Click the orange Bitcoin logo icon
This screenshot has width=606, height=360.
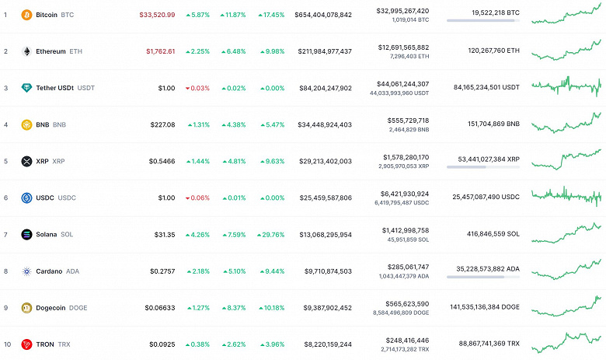(x=26, y=15)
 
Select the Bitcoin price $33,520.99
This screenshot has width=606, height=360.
(x=157, y=15)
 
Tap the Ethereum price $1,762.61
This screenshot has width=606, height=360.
(x=160, y=51)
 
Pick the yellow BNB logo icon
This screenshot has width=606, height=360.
(x=26, y=124)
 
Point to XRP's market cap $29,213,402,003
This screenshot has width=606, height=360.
(x=323, y=161)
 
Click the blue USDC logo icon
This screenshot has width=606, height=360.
(x=26, y=197)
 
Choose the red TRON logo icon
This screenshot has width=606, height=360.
(x=26, y=344)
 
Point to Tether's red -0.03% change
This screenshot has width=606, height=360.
(x=197, y=88)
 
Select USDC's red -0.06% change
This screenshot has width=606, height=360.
(x=197, y=197)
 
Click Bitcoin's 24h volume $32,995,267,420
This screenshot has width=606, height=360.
(x=402, y=10)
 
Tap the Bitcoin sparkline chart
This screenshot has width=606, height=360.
(x=566, y=13)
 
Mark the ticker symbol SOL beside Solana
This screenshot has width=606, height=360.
(x=67, y=234)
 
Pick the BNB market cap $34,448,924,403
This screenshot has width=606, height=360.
(x=323, y=124)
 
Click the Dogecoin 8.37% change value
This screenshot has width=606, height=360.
(x=235, y=307)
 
